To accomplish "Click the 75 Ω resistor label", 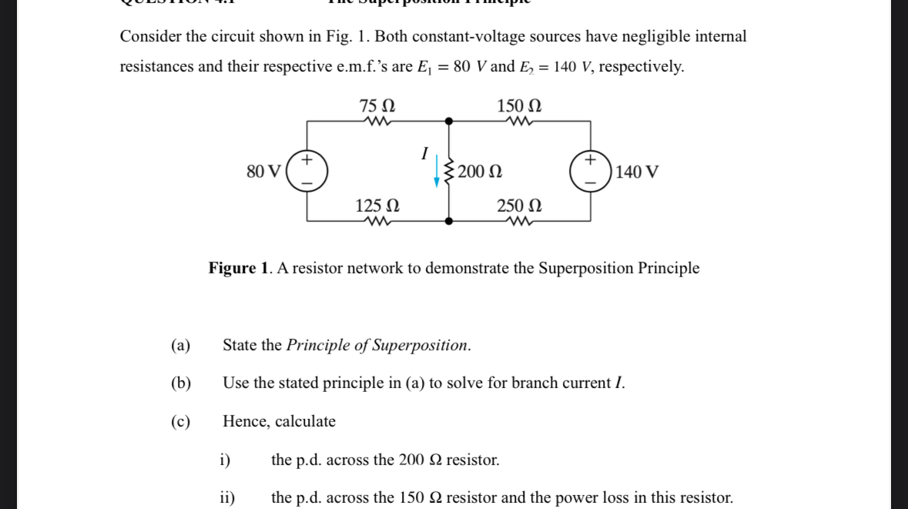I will click(x=377, y=105).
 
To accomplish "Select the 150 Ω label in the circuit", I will click(x=519, y=105).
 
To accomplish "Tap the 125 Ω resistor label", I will click(x=377, y=206).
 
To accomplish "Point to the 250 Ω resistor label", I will click(x=519, y=206).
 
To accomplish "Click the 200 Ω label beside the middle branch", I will click(x=480, y=171).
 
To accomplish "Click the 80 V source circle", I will click(x=307, y=171).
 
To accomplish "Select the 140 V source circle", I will click(x=591, y=171).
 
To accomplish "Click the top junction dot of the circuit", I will click(x=449, y=121).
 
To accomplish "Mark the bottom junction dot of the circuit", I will click(x=449, y=221).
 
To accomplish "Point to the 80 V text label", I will click(x=263, y=171).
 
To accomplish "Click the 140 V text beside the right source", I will click(x=637, y=171).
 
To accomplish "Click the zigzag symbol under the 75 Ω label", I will click(x=377, y=121).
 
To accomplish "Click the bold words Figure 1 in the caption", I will click(x=239, y=268).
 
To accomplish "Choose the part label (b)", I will click(x=181, y=383).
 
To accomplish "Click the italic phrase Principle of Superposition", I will click(x=377, y=345).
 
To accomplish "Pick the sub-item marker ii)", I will click(x=227, y=497).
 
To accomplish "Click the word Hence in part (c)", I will click(x=246, y=421).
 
